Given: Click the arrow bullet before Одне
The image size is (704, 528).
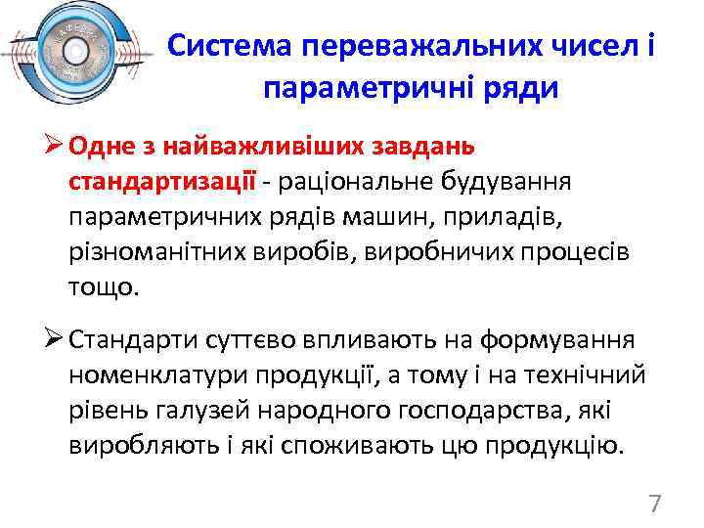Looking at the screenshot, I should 53,146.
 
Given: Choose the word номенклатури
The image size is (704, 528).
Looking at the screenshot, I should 159,376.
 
